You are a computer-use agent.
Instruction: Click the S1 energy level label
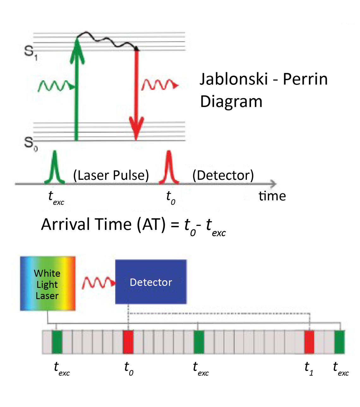(31, 53)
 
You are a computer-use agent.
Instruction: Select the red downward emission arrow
(136, 94)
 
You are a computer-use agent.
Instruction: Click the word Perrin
(305, 79)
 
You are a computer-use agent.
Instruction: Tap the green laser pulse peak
(55, 167)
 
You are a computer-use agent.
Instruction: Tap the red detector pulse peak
(169, 167)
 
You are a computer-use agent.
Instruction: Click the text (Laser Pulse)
(111, 175)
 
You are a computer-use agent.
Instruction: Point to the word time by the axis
(272, 196)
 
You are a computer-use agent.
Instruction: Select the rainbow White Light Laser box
(48, 283)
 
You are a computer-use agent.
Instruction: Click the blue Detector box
(151, 282)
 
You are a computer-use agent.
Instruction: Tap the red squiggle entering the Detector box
(99, 283)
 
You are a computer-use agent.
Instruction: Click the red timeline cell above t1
(309, 342)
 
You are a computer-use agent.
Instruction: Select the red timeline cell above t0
(128, 342)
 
